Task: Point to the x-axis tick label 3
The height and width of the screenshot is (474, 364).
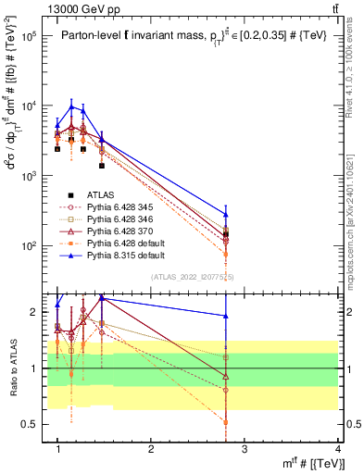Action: tap(245, 449)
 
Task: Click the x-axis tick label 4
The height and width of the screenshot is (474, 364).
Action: tap(338, 449)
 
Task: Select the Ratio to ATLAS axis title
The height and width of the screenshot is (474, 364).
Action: tap(11, 368)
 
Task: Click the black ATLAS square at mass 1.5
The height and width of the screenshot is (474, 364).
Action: tap(102, 166)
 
